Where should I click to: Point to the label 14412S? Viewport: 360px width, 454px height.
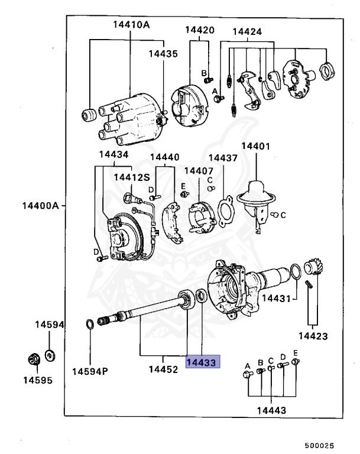tap(129, 177)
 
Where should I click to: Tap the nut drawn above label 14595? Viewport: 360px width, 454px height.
tap(34, 358)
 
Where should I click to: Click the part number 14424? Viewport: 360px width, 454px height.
tap(247, 31)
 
